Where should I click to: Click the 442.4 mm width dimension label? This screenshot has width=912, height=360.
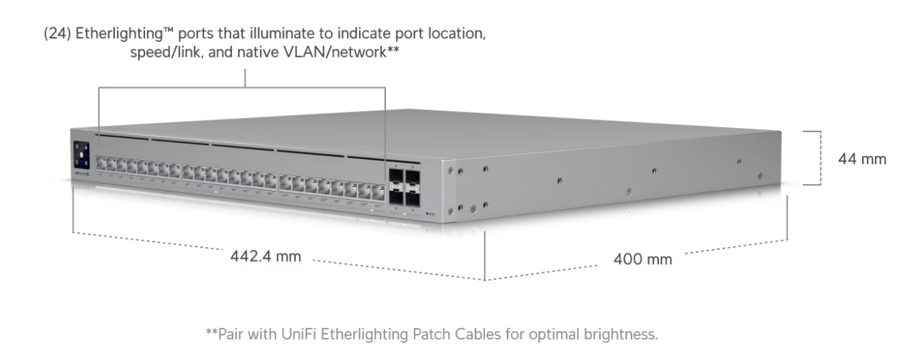(266, 257)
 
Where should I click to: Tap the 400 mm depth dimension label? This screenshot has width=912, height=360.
(642, 259)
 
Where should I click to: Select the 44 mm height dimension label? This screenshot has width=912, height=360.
(862, 159)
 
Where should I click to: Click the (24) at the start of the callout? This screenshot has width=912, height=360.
(55, 34)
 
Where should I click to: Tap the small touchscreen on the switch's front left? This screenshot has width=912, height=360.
(81, 154)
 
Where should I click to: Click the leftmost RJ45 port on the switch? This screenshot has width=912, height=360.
(101, 164)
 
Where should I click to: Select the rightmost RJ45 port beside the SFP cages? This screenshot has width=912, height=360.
(376, 190)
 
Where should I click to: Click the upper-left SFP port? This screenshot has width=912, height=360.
(397, 176)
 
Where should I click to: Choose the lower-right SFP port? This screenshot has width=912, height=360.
(413, 200)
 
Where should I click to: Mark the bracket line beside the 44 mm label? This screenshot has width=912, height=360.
(818, 157)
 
